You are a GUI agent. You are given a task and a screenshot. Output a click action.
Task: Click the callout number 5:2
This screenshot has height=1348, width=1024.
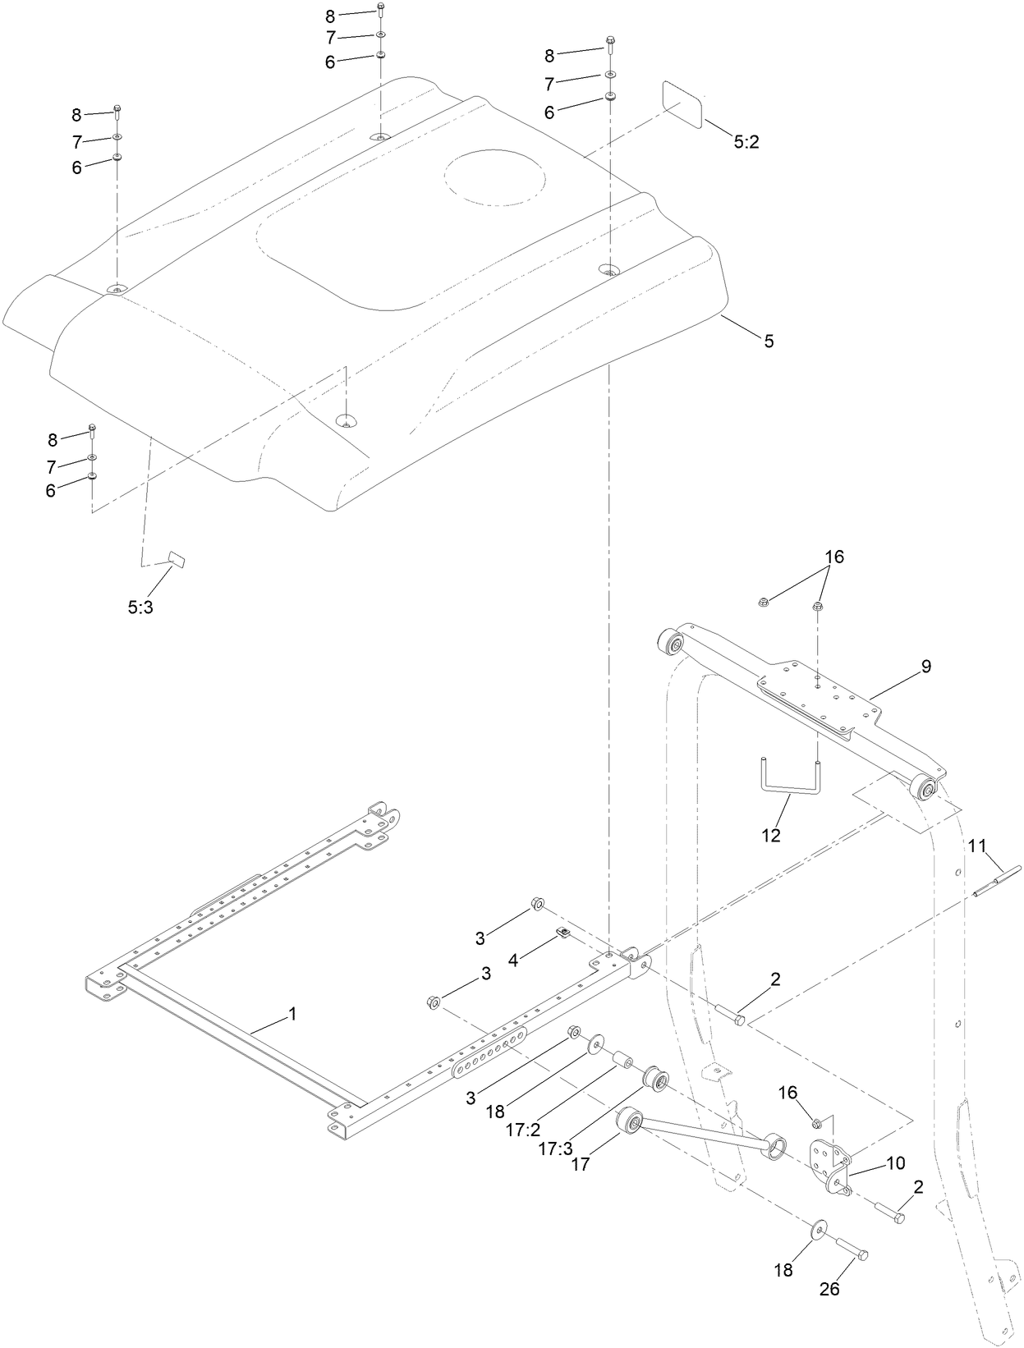(746, 142)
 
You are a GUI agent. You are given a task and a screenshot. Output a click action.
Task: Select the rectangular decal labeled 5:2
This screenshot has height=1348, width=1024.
(682, 104)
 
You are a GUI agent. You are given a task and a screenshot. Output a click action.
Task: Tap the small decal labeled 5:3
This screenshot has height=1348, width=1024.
(177, 560)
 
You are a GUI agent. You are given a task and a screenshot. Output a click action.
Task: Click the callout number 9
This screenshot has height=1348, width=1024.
(925, 667)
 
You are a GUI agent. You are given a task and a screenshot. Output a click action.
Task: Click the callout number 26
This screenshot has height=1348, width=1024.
(829, 1289)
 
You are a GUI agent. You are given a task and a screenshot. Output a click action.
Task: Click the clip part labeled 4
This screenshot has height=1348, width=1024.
(563, 932)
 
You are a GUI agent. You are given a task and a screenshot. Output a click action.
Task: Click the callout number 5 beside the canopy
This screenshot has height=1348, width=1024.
(769, 341)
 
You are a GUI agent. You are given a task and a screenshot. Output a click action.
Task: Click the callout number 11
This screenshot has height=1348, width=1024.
(976, 846)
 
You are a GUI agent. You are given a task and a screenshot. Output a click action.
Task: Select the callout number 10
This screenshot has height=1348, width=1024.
(895, 1162)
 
